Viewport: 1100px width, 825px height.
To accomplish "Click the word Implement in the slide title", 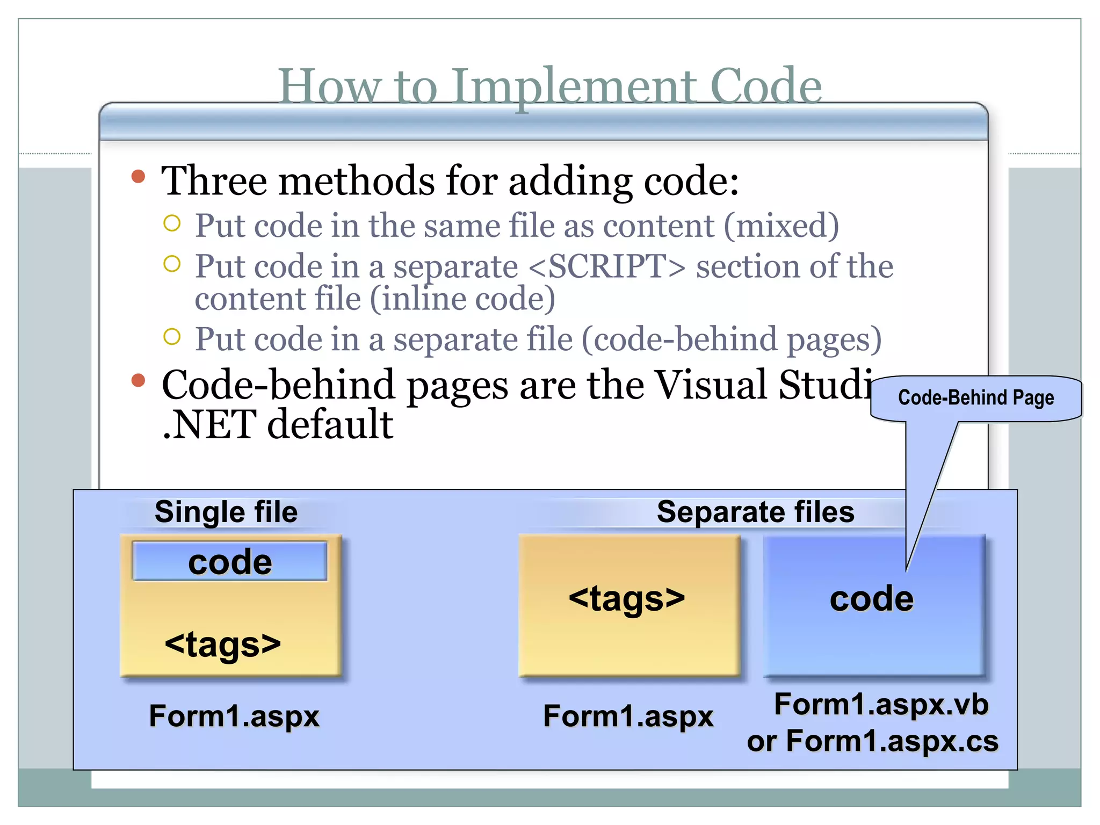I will click(x=573, y=87).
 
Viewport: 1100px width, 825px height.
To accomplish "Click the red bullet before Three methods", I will click(x=139, y=177).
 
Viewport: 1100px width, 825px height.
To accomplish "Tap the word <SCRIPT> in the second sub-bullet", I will click(x=607, y=266).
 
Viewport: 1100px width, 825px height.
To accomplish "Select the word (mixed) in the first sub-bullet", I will click(x=781, y=226).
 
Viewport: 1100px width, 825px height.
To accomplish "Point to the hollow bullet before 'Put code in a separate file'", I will click(x=172, y=337).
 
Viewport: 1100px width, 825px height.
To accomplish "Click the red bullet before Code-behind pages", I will click(x=139, y=380).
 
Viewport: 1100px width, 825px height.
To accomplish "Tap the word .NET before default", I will click(x=209, y=424).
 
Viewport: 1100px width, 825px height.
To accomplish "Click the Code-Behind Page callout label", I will click(x=975, y=398).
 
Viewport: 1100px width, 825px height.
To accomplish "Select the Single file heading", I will click(x=226, y=512).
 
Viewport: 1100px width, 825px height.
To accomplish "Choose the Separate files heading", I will click(x=755, y=512).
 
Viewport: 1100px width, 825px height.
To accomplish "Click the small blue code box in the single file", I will click(x=230, y=562).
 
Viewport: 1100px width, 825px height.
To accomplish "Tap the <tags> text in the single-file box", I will click(x=223, y=643).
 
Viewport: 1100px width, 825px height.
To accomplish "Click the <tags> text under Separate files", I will click(x=627, y=598).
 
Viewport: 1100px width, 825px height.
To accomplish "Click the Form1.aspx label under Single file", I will click(x=234, y=716).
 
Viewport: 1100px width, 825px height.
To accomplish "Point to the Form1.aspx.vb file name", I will click(x=881, y=704).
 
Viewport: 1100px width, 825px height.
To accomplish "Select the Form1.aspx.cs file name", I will click(x=892, y=741).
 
